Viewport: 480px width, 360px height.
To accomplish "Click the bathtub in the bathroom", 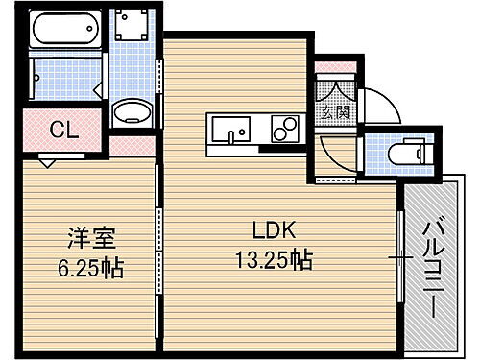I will click(x=65, y=31).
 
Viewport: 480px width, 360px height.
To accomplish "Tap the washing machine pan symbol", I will click(x=132, y=30).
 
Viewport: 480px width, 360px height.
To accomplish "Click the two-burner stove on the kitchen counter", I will click(x=285, y=127).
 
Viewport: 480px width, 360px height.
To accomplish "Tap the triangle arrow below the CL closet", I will click(x=47, y=162).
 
